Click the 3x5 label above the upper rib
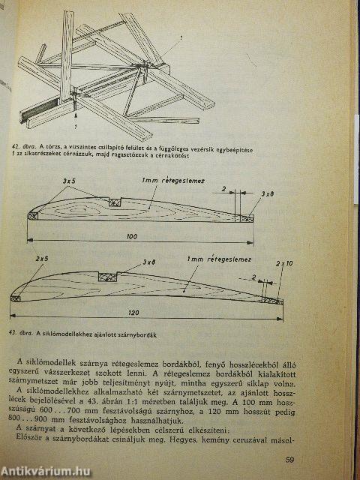[70, 182]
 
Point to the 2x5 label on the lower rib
[43, 259]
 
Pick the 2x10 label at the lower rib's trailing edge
[284, 264]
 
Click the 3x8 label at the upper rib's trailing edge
[266, 193]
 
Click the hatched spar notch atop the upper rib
[115, 202]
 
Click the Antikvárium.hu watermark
[46, 471]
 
